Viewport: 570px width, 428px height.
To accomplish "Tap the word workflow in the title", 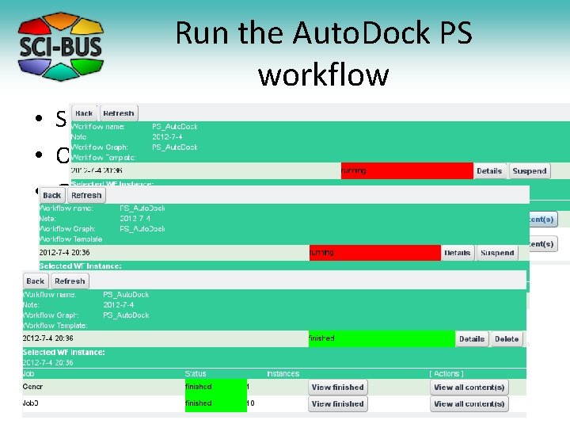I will [323, 75].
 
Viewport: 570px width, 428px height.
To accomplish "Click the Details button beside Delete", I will [471, 338].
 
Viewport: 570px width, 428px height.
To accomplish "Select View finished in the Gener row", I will [337, 388].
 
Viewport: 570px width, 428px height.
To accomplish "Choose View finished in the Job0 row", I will [337, 403].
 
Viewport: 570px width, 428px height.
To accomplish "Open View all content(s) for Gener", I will [469, 388].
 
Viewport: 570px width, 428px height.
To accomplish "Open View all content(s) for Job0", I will [469, 403].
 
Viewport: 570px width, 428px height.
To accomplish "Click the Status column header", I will [195, 373].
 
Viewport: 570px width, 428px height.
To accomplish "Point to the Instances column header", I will [283, 373].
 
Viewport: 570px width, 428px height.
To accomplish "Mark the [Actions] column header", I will [446, 373].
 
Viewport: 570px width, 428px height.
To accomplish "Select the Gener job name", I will [33, 388].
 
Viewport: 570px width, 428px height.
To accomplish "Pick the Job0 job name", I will [32, 403].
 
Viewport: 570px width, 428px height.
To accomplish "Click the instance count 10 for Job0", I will [250, 403].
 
